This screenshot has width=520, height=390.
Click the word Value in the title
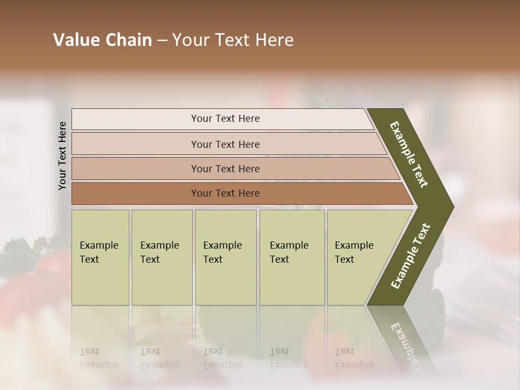(75, 40)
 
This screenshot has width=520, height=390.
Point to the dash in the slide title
(162, 41)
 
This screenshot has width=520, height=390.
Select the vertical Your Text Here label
(62, 155)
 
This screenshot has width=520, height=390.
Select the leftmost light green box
(100, 276)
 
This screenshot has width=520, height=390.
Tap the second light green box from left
(162, 276)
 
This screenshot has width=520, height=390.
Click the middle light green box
(225, 276)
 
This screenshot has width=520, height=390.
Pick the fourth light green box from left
(292, 276)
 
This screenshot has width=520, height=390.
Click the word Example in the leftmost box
(99, 245)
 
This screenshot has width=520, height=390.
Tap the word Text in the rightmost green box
(344, 259)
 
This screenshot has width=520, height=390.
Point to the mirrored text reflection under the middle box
(223, 359)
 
